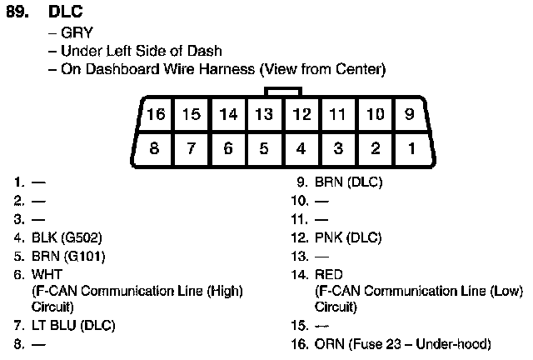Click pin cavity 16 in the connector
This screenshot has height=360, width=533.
(156, 114)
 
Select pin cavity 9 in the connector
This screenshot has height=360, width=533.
(410, 114)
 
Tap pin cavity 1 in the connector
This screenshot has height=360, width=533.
(410, 149)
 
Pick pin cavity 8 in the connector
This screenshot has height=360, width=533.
(154, 149)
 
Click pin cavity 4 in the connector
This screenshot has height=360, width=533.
(301, 149)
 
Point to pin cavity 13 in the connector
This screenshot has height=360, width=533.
(264, 114)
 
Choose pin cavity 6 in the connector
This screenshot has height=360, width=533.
(227, 149)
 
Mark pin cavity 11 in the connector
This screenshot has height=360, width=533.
(337, 114)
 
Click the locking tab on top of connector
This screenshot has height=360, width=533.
(282, 91)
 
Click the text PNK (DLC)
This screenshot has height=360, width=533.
(347, 237)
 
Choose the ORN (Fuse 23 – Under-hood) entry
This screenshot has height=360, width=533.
(402, 343)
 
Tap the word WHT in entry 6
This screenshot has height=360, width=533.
(47, 273)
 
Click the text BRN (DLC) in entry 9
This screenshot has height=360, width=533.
(348, 182)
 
